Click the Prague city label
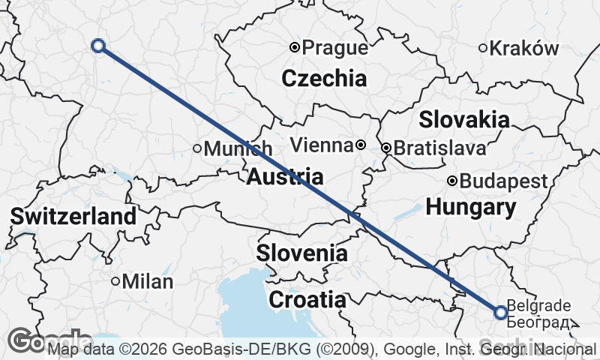click(336, 49)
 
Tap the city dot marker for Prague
click(295, 47)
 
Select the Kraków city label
click(529, 49)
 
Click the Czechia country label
click(324, 78)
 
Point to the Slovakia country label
click(464, 119)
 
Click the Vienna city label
click(320, 145)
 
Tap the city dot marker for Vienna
click(361, 145)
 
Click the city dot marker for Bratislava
click(386, 148)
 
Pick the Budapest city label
click(503, 181)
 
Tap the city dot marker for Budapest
click(452, 181)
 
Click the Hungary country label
click(471, 207)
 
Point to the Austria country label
click(285, 177)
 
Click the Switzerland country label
click(73, 217)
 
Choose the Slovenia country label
click(302, 253)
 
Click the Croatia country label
click(307, 300)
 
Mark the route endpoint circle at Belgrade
click(501, 313)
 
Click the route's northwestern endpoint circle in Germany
click(97, 46)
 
